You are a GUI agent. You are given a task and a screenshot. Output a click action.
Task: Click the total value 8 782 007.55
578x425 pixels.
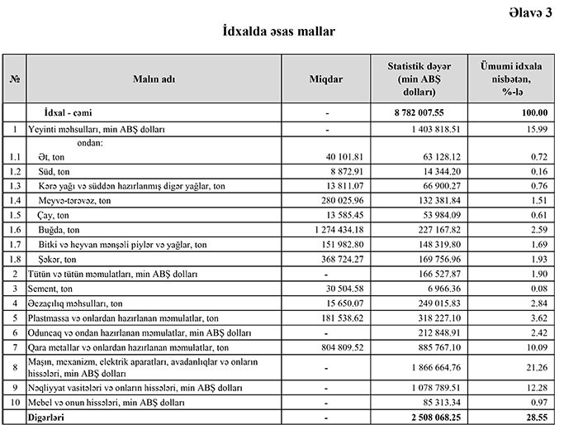click(x=422, y=112)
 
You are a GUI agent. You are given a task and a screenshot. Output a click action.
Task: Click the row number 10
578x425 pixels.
click(x=14, y=404)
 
